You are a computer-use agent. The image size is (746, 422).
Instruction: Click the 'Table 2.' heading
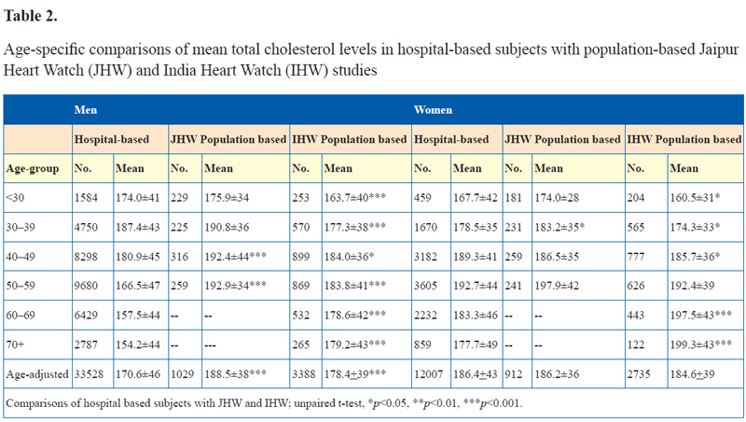coord(31,16)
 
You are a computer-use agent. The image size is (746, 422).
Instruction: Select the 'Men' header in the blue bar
coord(86,110)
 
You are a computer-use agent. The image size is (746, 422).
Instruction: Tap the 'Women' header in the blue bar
coord(433,110)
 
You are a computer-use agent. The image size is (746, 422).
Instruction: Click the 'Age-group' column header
coord(33,169)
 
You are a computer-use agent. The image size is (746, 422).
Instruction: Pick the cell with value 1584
coord(86,198)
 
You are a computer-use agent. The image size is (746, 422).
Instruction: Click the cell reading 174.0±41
coord(138,198)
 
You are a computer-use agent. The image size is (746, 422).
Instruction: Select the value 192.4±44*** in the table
coord(236,257)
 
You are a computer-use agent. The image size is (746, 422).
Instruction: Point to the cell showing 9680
coord(86,286)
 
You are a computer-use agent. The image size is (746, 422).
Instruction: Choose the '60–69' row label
coord(21,316)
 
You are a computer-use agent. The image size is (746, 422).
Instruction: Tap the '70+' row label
coord(15,345)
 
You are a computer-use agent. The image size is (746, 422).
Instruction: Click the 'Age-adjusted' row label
coord(37,374)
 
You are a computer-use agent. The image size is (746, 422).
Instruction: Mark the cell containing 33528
coord(89,374)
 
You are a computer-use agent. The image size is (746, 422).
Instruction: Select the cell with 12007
coord(429,374)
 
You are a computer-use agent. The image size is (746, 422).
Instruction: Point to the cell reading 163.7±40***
coord(355,198)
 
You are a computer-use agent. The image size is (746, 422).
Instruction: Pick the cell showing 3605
coord(425,286)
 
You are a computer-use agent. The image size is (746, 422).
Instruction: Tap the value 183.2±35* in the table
coord(559,227)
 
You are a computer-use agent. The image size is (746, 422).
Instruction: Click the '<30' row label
coord(15,198)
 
